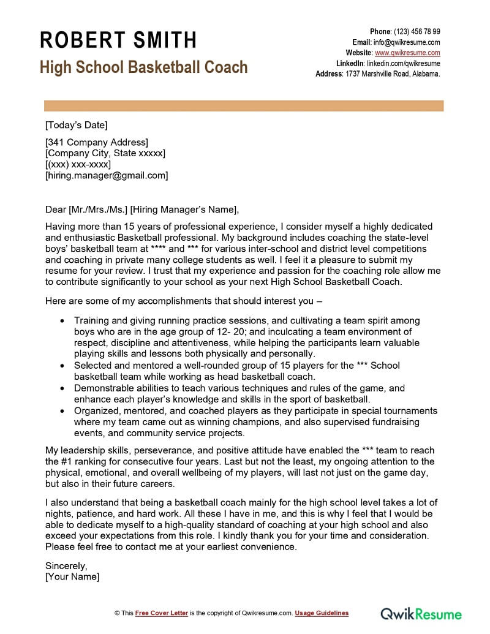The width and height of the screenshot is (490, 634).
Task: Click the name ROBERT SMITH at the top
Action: pos(118,40)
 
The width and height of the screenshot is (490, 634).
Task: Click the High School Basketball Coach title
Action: pos(144,67)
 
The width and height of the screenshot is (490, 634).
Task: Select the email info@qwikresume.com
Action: pos(407,42)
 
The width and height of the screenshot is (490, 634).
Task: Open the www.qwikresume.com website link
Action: pos(407,53)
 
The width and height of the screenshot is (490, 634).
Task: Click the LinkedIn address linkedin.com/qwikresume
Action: pos(404,63)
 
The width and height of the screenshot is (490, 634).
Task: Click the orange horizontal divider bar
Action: pos(244,106)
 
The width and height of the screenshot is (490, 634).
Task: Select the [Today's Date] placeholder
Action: pos(76,126)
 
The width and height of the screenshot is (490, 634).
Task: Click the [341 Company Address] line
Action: pos(97,142)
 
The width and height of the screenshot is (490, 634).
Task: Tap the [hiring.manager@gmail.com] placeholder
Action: pos(107,175)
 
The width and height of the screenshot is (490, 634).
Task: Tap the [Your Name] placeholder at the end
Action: pos(72,576)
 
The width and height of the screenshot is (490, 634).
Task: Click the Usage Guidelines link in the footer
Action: pos(322,613)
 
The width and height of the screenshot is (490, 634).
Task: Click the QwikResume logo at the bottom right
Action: pos(421,613)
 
